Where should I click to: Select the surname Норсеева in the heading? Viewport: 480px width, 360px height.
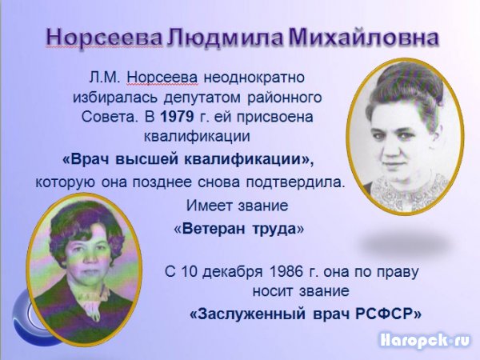[104, 38]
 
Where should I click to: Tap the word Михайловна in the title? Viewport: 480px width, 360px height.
[363, 38]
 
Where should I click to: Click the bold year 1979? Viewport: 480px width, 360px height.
[178, 117]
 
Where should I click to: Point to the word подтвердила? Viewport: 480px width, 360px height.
[295, 182]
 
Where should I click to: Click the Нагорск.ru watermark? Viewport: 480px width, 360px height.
[424, 341]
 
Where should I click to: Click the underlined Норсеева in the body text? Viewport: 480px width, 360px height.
[162, 78]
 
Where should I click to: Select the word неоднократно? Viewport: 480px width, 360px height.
[254, 78]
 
